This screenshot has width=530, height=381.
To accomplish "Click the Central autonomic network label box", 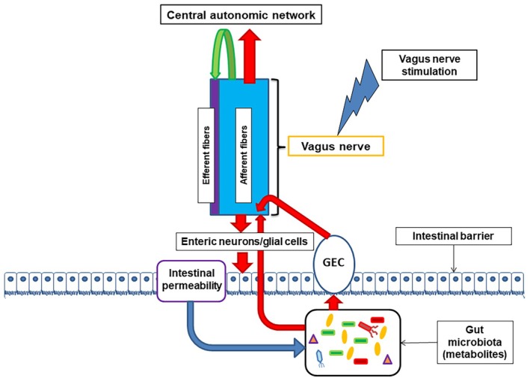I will pos(234,15).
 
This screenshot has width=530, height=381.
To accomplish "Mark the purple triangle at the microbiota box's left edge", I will pos(314,342).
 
